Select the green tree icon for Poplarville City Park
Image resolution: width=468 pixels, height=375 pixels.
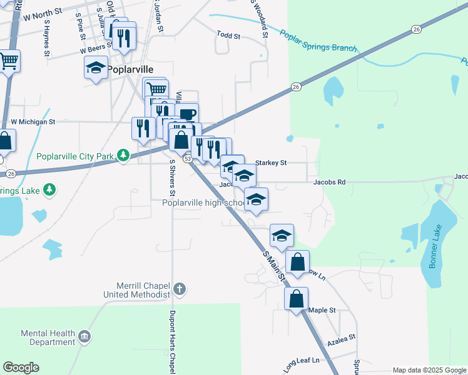[124, 154]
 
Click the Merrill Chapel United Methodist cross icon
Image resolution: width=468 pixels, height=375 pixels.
[180, 289]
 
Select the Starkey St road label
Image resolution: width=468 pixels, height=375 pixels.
[271, 162]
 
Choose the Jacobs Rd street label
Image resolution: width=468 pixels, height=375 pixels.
[329, 182]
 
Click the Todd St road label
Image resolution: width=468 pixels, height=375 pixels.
[228, 35]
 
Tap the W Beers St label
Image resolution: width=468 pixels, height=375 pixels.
[95, 49]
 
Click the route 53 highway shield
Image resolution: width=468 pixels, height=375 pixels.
[186, 159]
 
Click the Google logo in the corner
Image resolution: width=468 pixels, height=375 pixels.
[21, 367]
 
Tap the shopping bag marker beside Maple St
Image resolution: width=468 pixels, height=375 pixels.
[296, 299]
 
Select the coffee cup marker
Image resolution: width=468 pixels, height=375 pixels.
[186, 114]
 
